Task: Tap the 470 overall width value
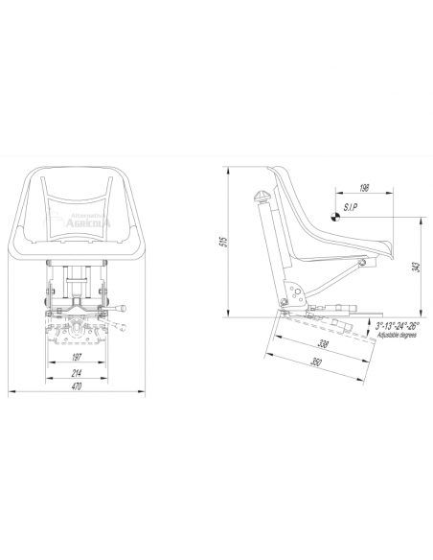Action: (76, 386)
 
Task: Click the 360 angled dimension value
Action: (315, 362)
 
